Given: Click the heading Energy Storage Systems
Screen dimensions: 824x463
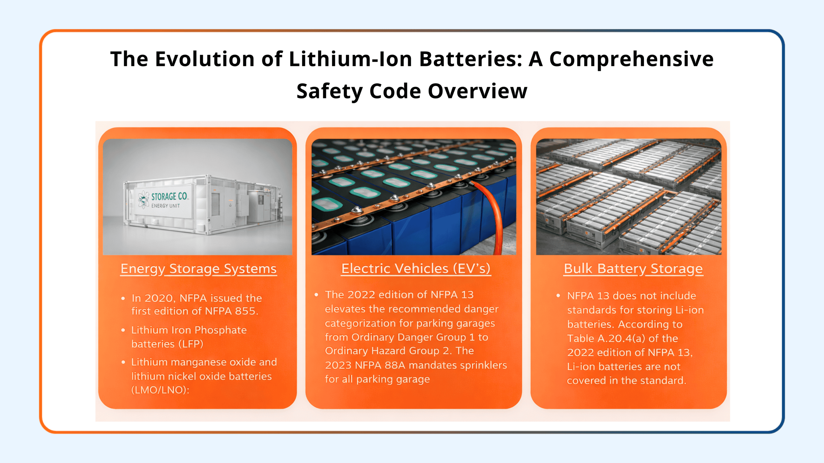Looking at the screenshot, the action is (x=199, y=269).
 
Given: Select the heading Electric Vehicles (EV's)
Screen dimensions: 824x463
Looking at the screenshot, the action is (x=416, y=268).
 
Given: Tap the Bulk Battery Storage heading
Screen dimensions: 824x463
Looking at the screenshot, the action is (x=633, y=269).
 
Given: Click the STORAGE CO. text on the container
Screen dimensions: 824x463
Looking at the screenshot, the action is (x=170, y=196).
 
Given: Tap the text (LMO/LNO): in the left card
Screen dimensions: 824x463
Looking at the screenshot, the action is (x=160, y=390).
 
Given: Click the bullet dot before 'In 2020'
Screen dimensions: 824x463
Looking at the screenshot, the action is (x=123, y=298).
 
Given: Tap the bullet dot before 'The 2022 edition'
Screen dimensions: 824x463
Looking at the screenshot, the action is (x=316, y=295).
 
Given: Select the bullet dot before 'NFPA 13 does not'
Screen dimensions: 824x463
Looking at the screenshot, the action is (x=558, y=295).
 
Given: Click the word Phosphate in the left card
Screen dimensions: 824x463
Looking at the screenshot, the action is (x=221, y=330).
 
